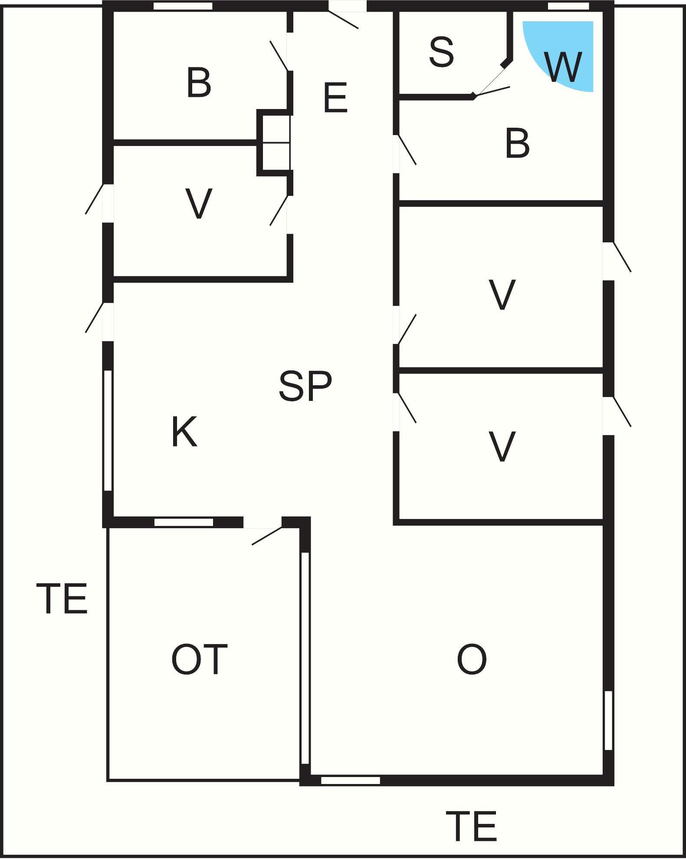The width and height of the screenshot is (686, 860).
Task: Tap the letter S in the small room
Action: pyautogui.click(x=442, y=52)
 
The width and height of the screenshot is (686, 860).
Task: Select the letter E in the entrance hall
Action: pyautogui.click(x=335, y=98)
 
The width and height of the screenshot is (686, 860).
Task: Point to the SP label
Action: pyautogui.click(x=305, y=386)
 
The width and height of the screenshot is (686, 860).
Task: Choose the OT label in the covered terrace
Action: pyautogui.click(x=199, y=659)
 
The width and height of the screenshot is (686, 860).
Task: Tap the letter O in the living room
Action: pyautogui.click(x=472, y=659)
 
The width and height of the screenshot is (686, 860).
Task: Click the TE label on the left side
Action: pyautogui.click(x=64, y=599)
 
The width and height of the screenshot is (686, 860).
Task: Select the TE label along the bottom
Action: pyautogui.click(x=472, y=826)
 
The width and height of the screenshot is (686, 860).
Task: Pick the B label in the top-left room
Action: pyautogui.click(x=199, y=82)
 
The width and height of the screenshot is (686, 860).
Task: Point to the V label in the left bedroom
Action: pyautogui.click(x=199, y=203)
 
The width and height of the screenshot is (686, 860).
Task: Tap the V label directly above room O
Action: pyautogui.click(x=502, y=446)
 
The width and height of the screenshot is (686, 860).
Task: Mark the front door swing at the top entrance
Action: pyautogui.click(x=343, y=20)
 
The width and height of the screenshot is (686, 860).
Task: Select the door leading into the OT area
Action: pyautogui.click(x=266, y=536)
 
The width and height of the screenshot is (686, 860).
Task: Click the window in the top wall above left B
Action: pyautogui.click(x=183, y=6)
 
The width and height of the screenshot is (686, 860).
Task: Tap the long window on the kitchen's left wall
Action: pyautogui.click(x=108, y=430)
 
